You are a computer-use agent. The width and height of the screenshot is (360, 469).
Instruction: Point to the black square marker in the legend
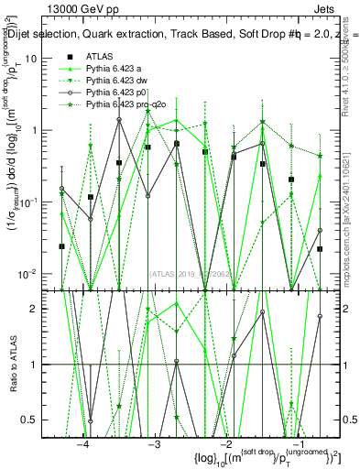coord(69,57)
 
